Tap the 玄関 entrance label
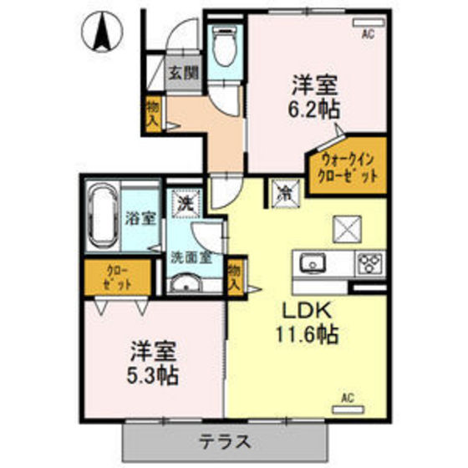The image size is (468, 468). (184, 73)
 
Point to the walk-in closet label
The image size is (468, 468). (348, 168)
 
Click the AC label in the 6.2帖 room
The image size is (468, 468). (367, 33)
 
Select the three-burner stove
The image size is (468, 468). (369, 265)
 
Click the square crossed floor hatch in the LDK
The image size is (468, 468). (346, 227)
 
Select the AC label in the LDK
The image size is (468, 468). (348, 399)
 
